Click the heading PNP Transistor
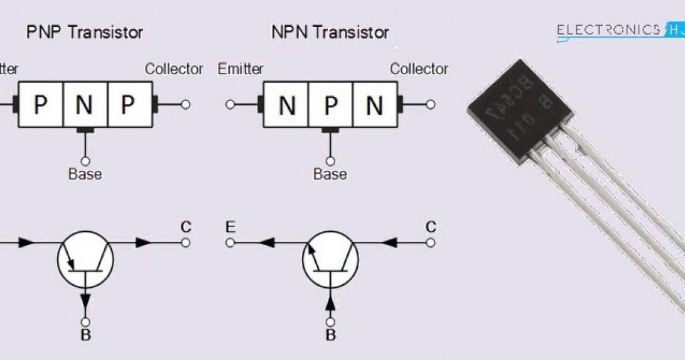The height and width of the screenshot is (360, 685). pos(84,32)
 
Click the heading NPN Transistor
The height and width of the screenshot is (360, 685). pos(330,32)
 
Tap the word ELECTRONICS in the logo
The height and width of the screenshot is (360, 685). pos(608,30)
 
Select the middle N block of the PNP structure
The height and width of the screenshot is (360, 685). pos(85,105)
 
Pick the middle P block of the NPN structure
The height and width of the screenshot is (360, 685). pos(330,105)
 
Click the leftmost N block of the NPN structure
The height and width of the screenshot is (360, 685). pos(286,105)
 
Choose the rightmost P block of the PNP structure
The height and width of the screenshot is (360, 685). pos(129,105)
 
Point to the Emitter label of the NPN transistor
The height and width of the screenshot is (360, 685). pos(240,68)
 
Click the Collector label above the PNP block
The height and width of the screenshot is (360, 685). pos(174,68)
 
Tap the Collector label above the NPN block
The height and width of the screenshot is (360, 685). pos(419,68)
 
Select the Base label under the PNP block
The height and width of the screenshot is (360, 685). pos(85,173)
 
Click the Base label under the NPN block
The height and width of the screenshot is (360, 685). pos(330,173)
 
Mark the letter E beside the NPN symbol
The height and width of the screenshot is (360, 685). pos(230,227)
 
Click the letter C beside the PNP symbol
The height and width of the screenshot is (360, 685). pos(186,227)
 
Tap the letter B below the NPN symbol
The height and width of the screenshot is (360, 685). pos(330,335)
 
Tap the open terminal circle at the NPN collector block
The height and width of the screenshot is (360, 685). pos(430,105)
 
